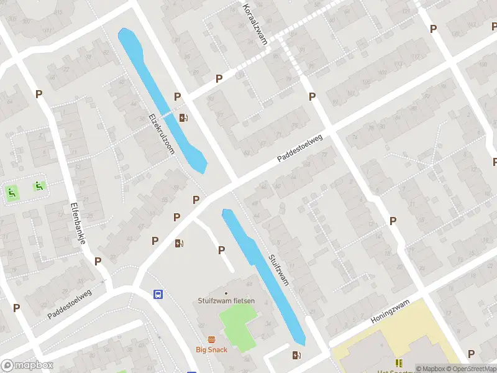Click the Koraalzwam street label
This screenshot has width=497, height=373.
click(254, 24)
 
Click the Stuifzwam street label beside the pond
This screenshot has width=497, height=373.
click(279, 269)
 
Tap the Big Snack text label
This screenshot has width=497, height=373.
click(212, 349)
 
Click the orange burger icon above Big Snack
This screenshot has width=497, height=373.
click(212, 339)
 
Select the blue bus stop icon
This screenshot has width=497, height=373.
click(158, 294)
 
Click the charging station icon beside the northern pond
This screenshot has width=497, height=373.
click(183, 117)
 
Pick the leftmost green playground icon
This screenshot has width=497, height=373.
click(11, 193)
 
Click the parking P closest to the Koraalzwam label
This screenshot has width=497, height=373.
click(219, 78)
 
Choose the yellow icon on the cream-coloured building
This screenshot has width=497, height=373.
click(398, 362)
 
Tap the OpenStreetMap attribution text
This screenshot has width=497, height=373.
click(472, 369)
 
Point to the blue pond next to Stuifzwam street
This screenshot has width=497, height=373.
click(264, 277)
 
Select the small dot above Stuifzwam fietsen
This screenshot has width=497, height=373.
click(226, 293)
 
